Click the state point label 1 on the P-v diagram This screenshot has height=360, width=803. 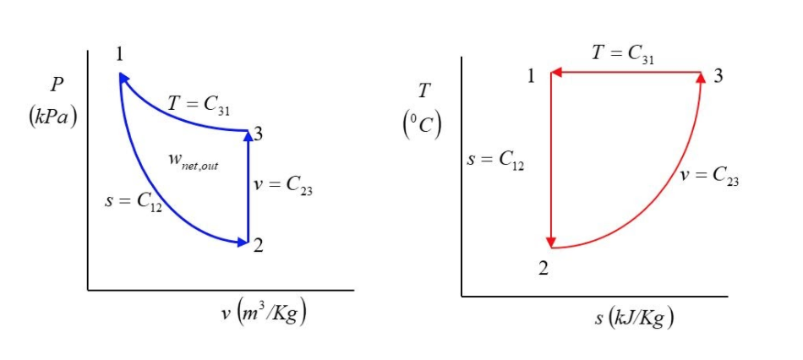[119, 55]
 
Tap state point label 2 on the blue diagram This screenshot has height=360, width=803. [259, 245]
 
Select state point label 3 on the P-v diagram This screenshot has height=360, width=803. [259, 134]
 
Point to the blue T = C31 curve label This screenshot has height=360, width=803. [199, 105]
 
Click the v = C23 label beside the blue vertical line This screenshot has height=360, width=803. [284, 186]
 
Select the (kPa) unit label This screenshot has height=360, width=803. [52, 116]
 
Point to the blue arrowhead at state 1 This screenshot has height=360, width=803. [123, 78]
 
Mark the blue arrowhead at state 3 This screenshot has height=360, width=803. [248, 134]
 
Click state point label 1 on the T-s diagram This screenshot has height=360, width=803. [532, 76]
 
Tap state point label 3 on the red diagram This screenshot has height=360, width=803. [718, 76]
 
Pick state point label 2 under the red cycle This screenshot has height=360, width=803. [544, 269]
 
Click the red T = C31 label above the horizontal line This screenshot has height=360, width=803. [623, 53]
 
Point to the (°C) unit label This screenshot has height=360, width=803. [422, 124]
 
